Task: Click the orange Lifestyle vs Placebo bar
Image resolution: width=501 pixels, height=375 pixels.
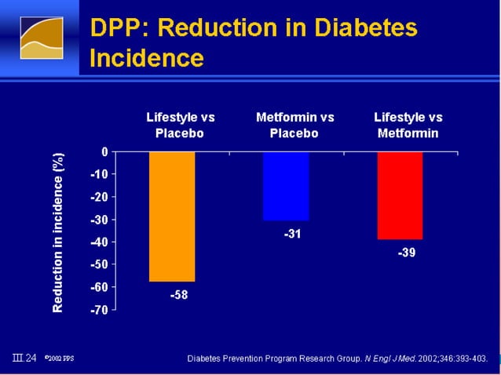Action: point(172,216)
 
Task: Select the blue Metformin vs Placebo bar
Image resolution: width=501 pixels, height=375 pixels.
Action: point(286,186)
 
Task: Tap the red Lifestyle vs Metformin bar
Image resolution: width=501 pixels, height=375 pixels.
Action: point(400,195)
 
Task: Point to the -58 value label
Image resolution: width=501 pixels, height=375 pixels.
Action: point(179,296)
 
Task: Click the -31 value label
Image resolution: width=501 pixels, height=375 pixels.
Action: point(293,234)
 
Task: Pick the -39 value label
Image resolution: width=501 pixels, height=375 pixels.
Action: point(406,253)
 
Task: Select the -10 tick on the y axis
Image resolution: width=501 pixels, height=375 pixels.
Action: point(100,173)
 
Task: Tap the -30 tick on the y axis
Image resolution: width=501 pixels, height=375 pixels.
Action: point(100,220)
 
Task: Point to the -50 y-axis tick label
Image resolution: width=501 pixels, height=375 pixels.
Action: point(100,265)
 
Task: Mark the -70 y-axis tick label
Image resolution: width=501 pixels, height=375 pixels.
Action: point(100,311)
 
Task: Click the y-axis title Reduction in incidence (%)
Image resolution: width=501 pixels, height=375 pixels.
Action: point(58,233)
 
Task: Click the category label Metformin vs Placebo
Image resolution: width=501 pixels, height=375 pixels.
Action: point(294,126)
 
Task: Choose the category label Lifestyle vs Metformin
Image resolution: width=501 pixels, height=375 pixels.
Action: point(408,126)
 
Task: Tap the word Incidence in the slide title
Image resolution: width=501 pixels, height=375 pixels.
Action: point(147,59)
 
